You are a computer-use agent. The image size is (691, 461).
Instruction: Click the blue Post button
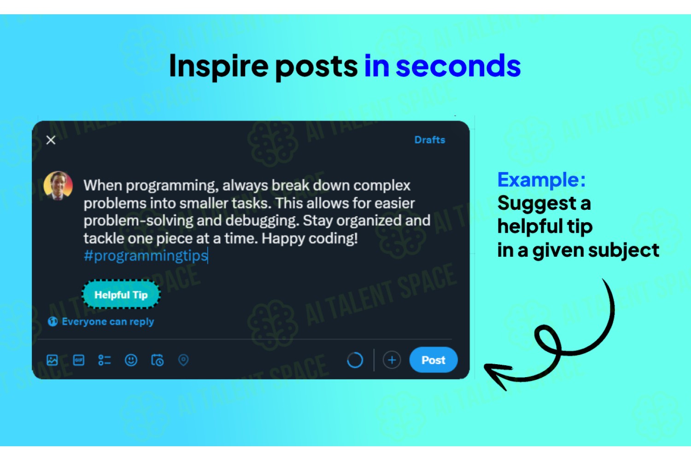point(433,360)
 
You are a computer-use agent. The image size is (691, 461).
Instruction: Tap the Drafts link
point(430,140)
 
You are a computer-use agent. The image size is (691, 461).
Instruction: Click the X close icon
point(51,140)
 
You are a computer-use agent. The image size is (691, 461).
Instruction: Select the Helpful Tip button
point(121,295)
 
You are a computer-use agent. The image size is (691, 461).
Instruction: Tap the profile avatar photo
point(58,186)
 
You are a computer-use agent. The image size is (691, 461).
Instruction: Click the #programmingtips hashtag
point(146,256)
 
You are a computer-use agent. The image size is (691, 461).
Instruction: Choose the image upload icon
point(52,360)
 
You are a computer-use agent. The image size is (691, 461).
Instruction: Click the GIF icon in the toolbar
point(79,360)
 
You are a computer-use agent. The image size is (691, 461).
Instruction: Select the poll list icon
point(105,360)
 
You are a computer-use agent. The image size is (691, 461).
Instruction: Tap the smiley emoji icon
point(131,360)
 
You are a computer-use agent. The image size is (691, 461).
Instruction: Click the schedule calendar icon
point(158,360)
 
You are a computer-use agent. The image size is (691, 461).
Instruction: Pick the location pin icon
point(183,360)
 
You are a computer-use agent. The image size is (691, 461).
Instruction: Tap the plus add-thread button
point(392,360)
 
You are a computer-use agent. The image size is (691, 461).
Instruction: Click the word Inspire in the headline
point(219,66)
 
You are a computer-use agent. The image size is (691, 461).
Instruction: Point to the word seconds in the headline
point(458,66)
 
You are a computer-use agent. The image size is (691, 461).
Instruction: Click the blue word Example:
point(541,180)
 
